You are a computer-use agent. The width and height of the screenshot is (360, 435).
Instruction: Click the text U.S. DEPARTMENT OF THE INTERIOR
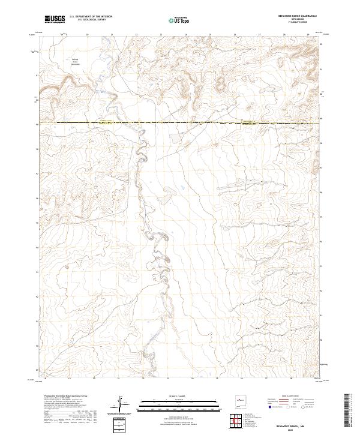pyautogui.click(x=91, y=17)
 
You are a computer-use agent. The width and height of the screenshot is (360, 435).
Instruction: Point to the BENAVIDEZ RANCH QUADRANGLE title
pyautogui.click(x=293, y=16)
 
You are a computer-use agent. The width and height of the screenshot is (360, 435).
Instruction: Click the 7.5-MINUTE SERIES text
pyautogui.click(x=293, y=22)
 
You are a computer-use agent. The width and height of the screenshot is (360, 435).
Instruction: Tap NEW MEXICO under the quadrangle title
pyautogui.click(x=293, y=19)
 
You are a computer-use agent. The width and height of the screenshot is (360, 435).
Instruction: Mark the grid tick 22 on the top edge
pyautogui.click(x=136, y=35)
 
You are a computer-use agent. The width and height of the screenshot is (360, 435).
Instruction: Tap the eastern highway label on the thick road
pyautogui.click(x=248, y=122)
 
